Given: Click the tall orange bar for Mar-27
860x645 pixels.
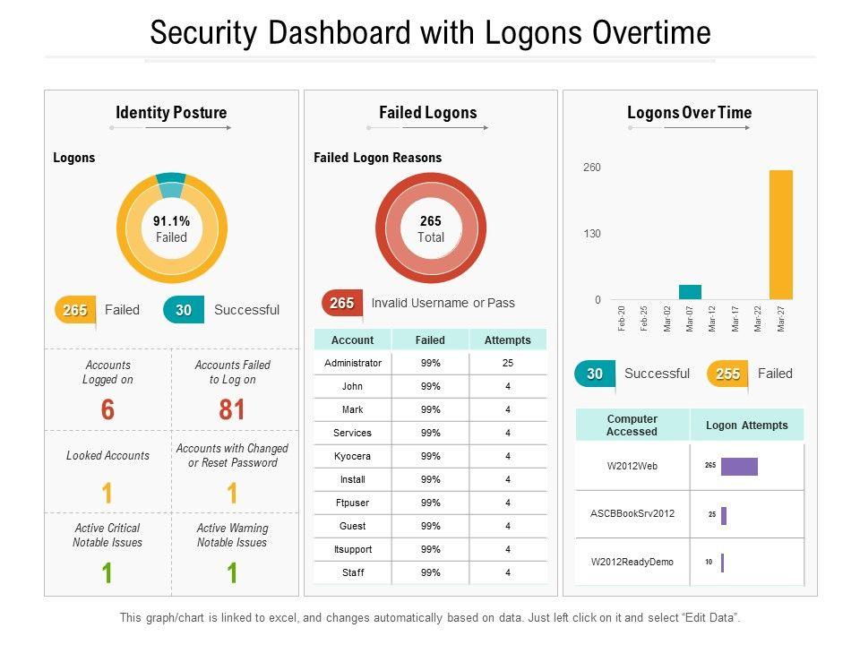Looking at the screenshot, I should click(780, 235).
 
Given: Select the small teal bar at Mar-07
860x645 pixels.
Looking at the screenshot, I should click(690, 292).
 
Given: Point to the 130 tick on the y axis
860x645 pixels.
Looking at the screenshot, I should click(592, 234).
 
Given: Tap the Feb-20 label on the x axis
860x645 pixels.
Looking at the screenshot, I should click(622, 318).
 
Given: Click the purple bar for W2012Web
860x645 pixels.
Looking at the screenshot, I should click(739, 467).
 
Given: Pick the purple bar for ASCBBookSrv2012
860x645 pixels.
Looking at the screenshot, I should click(724, 516).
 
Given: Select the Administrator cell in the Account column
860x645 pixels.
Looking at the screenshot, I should click(352, 363).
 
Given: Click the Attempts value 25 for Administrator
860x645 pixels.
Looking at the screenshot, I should click(507, 363).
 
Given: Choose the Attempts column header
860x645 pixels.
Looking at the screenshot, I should click(507, 340).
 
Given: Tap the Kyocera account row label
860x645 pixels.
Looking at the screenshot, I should click(352, 456).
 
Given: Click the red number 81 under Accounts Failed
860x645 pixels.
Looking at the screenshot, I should click(232, 410).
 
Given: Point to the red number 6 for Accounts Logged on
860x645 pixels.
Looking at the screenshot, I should click(107, 410).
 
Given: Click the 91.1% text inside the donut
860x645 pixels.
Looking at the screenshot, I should click(171, 221).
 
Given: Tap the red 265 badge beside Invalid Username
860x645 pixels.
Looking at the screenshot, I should click(341, 304).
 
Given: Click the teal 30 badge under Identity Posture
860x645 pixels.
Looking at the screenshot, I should click(184, 310).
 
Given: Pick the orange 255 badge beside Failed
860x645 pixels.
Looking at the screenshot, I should click(727, 374).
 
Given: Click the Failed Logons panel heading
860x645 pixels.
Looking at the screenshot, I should click(427, 113).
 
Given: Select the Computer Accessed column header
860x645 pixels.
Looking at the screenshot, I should click(632, 426).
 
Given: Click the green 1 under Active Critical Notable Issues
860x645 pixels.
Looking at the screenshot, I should click(107, 572).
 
